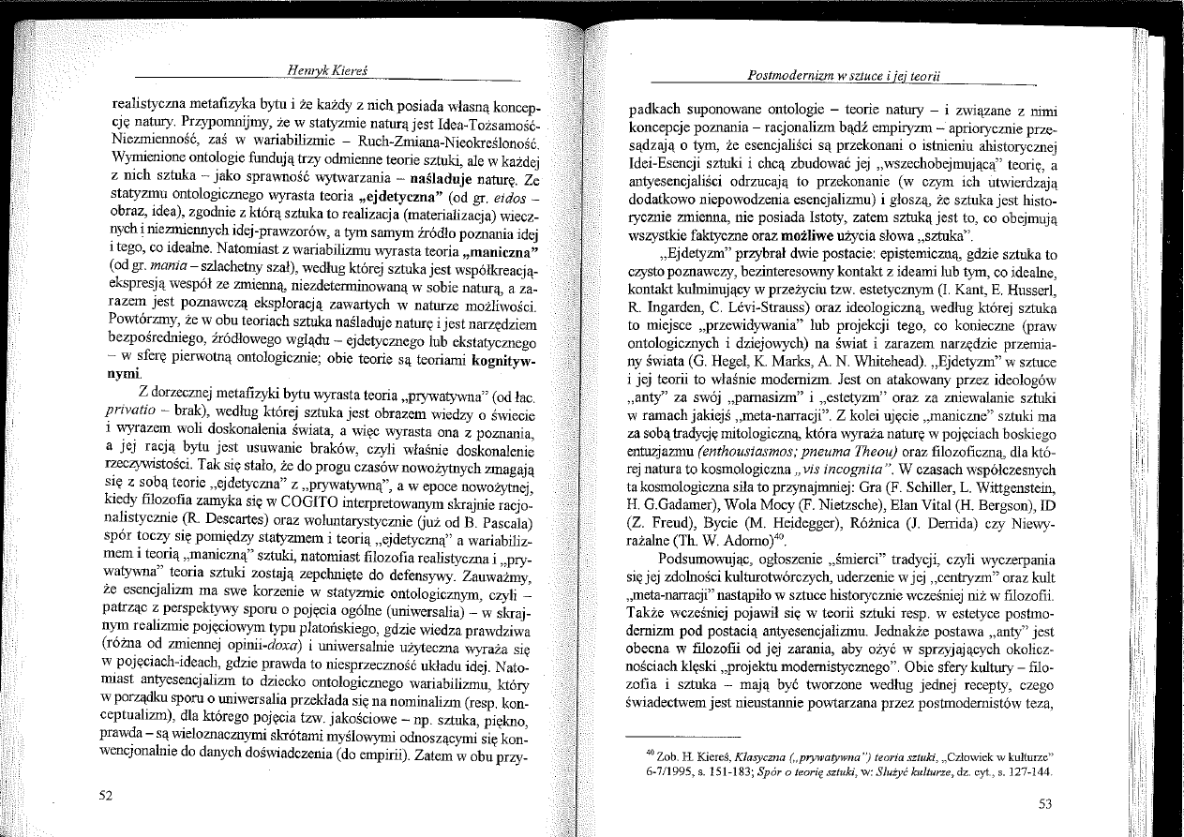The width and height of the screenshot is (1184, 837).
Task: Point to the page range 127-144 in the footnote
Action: [1028, 773]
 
